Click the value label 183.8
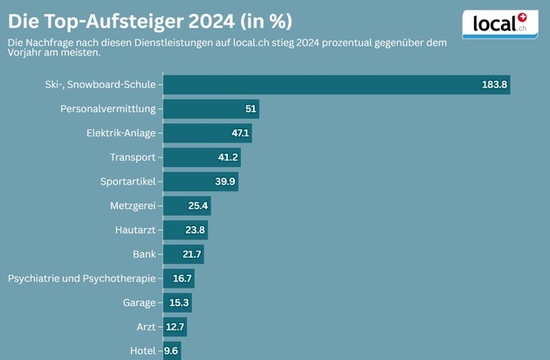494,85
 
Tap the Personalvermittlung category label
107,109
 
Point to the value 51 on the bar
251,109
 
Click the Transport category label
133,157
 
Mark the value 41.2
228,157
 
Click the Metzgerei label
134,206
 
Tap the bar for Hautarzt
185,231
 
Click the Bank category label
144,254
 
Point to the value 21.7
192,254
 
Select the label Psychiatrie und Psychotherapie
81,279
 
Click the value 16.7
182,279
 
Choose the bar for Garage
177,303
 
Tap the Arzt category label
145,328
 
